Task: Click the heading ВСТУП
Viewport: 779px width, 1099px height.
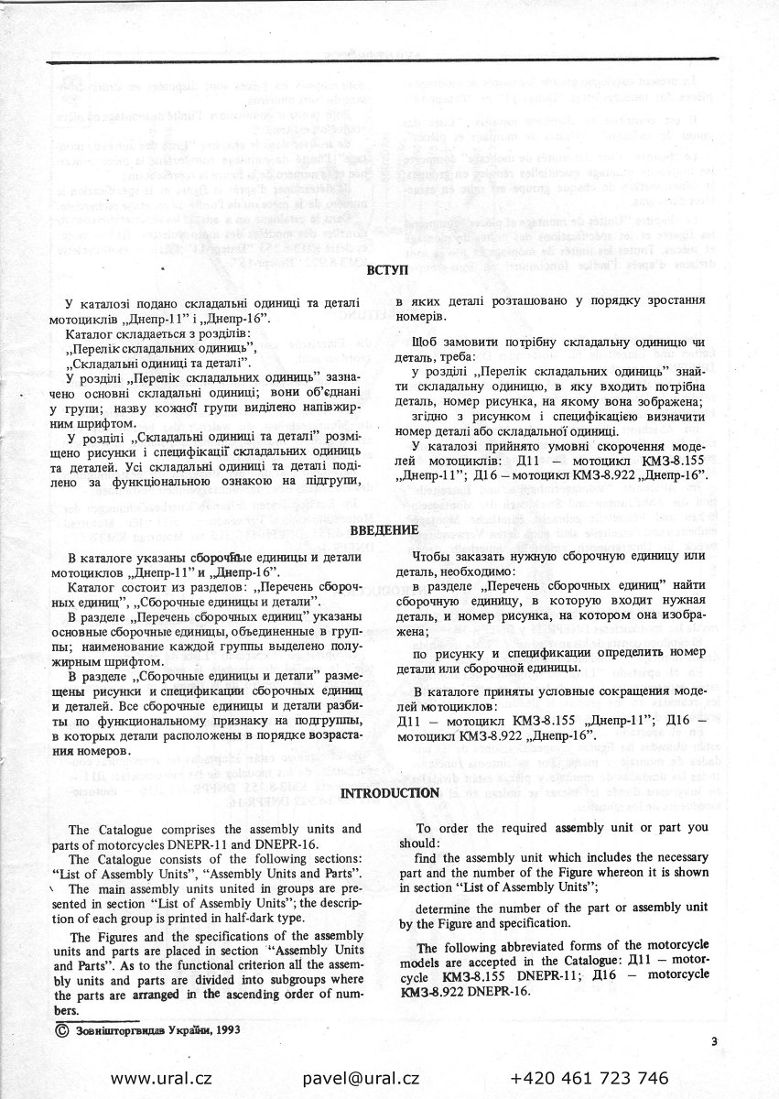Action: pyautogui.click(x=383, y=271)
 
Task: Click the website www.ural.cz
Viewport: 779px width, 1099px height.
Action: pyautogui.click(x=161, y=1078)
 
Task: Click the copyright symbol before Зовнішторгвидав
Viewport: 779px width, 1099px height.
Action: pyautogui.click(x=60, y=1028)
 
